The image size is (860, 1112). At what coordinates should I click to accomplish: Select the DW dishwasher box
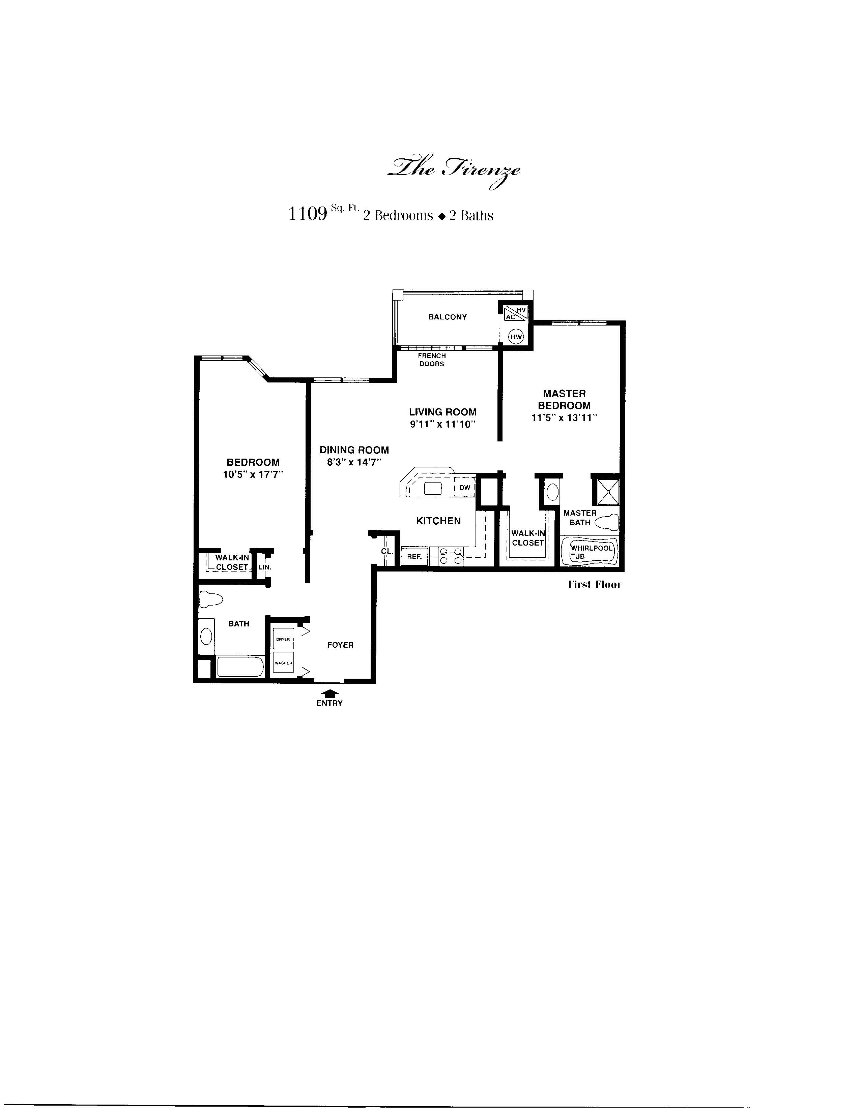(x=464, y=487)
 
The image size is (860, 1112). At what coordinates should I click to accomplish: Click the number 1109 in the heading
(x=308, y=213)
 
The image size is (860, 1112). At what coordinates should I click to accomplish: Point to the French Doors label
(x=432, y=360)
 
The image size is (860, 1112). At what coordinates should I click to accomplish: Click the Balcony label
(x=447, y=317)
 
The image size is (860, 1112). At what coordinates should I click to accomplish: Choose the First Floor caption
(x=595, y=585)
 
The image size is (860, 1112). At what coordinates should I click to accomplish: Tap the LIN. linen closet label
(x=265, y=567)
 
